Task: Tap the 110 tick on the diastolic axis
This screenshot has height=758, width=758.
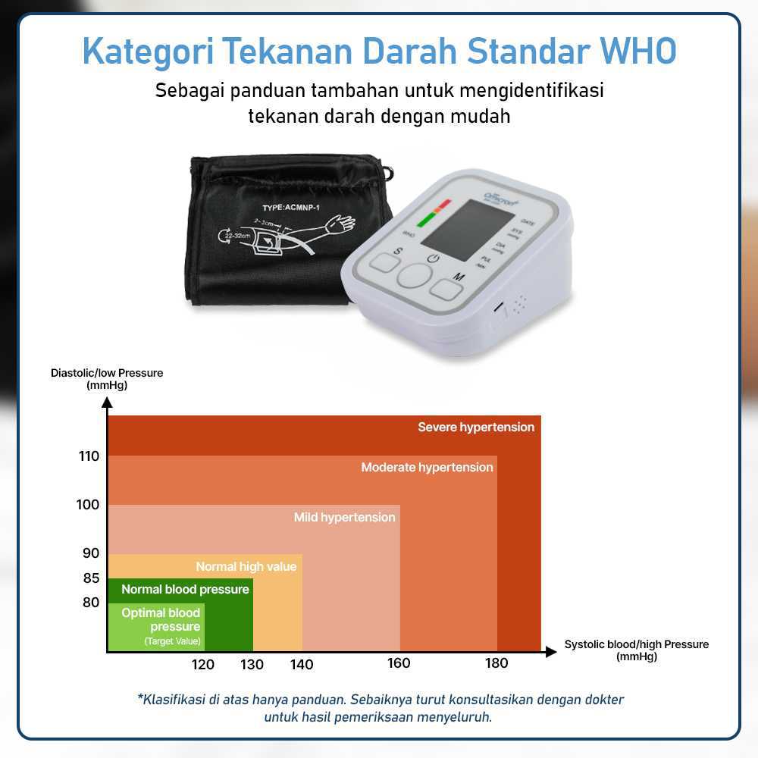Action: point(88,456)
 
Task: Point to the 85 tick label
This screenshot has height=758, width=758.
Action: point(90,578)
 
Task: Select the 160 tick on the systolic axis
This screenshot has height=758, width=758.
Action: point(399,664)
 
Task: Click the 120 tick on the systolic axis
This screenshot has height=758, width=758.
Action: point(202,665)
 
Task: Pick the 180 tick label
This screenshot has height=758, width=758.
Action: point(496,664)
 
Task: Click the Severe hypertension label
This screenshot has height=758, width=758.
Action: point(476,428)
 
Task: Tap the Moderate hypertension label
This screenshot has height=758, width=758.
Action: point(427,468)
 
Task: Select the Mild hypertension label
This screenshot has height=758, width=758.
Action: point(344,518)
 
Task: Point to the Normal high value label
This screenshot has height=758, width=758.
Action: point(246,567)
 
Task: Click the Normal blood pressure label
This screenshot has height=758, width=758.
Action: point(185,590)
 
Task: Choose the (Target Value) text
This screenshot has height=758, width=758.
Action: point(173,642)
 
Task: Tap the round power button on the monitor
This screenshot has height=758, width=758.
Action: point(414,276)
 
